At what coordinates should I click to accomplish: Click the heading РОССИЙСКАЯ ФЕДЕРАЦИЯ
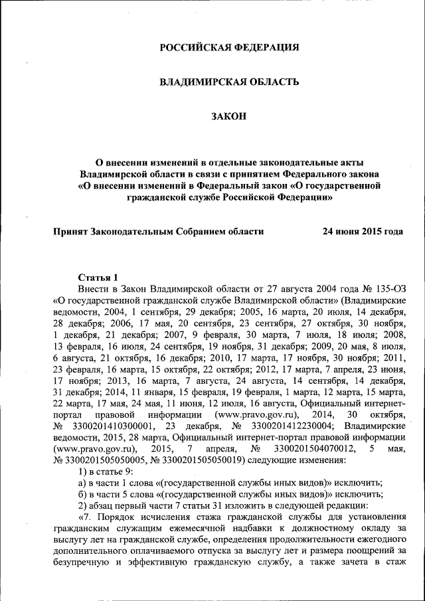point(229,47)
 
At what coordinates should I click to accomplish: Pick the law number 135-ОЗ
point(389,290)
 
